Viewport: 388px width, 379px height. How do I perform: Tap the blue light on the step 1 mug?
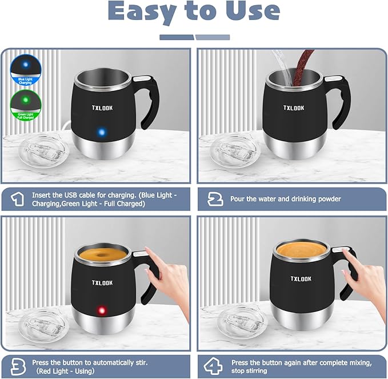click(x=101, y=133)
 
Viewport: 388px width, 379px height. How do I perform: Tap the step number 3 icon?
click(x=18, y=366)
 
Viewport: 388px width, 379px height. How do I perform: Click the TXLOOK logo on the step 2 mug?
click(x=294, y=107)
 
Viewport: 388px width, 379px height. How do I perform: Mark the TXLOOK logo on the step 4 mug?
click(x=301, y=279)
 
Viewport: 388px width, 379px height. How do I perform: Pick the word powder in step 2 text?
click(x=327, y=199)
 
